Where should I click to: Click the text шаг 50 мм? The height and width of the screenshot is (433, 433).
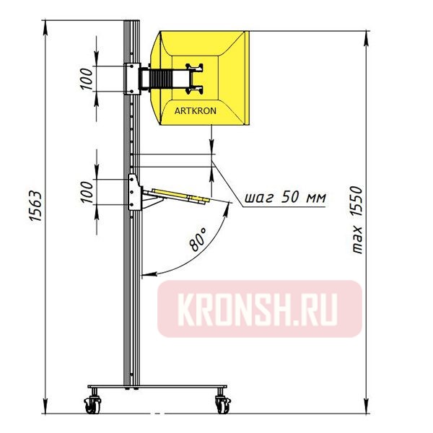pyautogui.click(x=282, y=197)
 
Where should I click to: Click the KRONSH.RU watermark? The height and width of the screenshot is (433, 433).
pyautogui.click(x=259, y=309)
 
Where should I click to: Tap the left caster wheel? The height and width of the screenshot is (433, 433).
pyautogui.click(x=93, y=404)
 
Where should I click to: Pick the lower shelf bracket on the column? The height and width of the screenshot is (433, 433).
pyautogui.click(x=134, y=192)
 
